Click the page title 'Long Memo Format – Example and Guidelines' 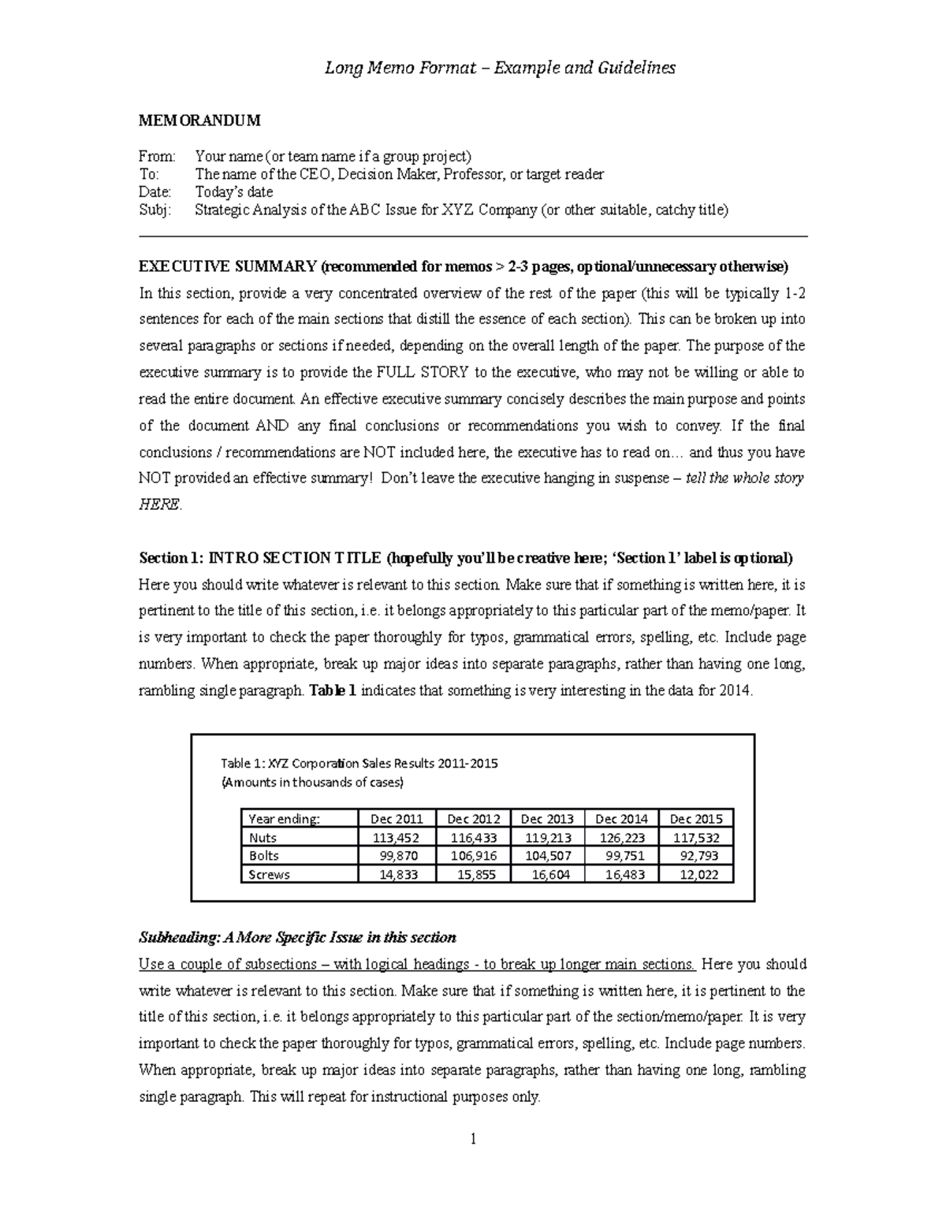click(500, 68)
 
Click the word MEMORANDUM click(199, 121)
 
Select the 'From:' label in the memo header click(157, 157)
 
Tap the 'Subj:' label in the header click(155, 210)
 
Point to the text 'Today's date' click(233, 192)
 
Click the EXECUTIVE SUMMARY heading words click(227, 266)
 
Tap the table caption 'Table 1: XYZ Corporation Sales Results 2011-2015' click(359, 763)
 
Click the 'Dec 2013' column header click(547, 819)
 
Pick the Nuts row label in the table click(263, 838)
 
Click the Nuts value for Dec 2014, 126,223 click(621, 838)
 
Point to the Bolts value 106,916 click(473, 856)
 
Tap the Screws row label click(269, 875)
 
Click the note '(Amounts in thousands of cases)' click(312, 783)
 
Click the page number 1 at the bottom click(473, 1139)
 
